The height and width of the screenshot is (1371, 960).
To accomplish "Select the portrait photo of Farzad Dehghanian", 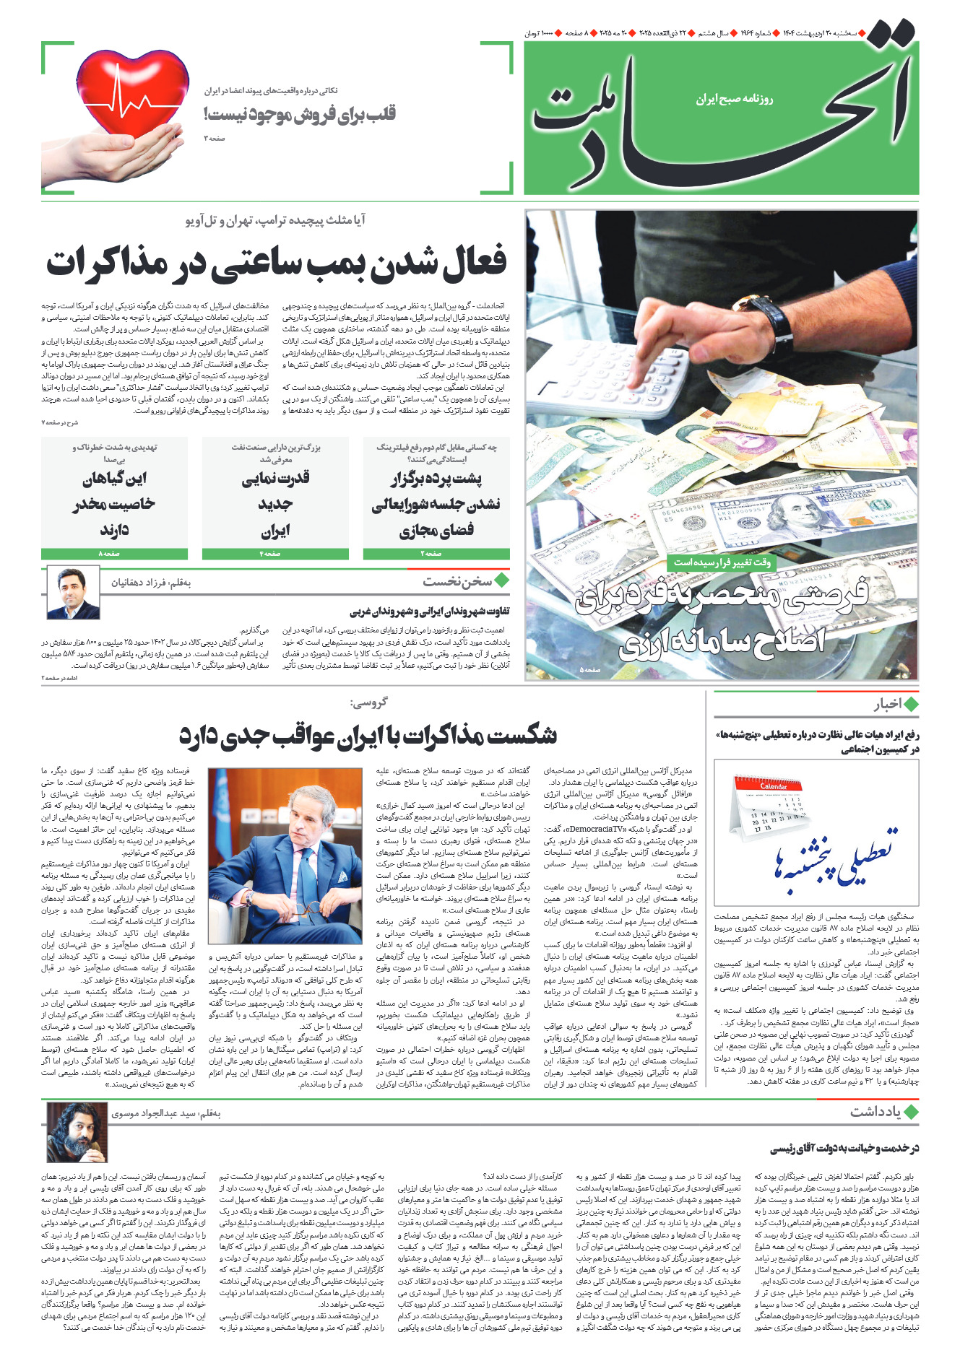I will [x=73, y=593].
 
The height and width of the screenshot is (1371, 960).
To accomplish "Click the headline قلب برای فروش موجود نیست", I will [x=300, y=114].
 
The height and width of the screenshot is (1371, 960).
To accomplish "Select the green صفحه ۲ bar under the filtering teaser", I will [x=436, y=554].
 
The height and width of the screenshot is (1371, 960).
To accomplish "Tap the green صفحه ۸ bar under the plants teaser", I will [x=114, y=554].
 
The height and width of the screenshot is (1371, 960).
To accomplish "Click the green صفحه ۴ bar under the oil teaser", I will [x=275, y=554].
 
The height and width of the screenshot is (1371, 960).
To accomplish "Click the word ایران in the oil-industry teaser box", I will [x=275, y=532].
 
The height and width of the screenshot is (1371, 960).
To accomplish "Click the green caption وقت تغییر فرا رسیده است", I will [x=722, y=562].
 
